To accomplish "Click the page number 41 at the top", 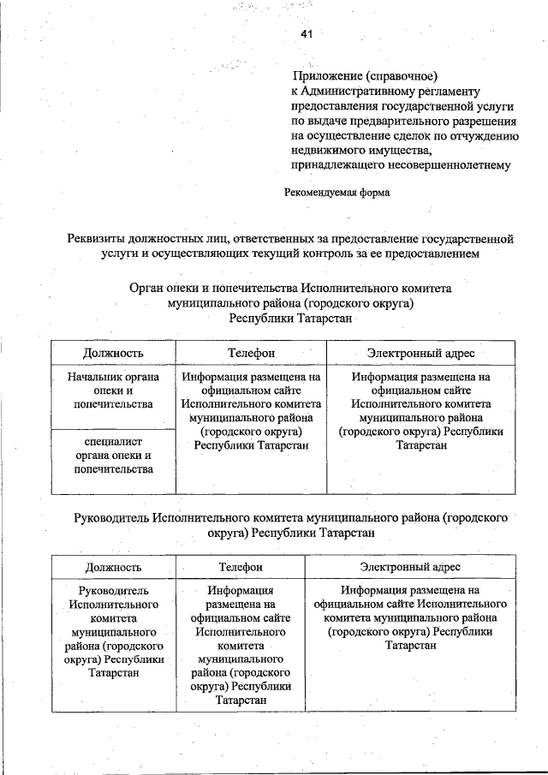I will point(307,34).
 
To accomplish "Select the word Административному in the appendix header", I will point(363,91).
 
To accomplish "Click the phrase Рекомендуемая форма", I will point(337,193).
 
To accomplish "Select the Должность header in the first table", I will point(113,353).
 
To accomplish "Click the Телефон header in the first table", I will point(251,353).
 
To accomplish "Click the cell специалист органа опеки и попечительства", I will point(113,456).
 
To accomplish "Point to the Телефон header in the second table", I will point(241,567).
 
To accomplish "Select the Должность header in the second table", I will point(113,567).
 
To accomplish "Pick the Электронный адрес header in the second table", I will point(410,567).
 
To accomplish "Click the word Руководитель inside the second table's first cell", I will point(113,591).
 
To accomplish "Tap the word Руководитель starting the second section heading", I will point(112,517).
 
